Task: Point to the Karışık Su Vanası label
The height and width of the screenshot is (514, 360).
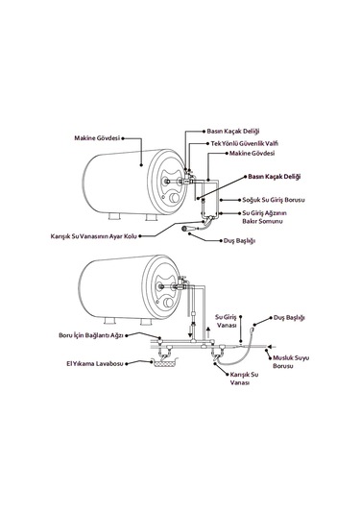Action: pos(240,380)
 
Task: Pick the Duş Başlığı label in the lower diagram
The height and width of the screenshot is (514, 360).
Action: pos(289,316)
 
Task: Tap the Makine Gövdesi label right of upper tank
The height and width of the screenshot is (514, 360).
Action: pos(251,152)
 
